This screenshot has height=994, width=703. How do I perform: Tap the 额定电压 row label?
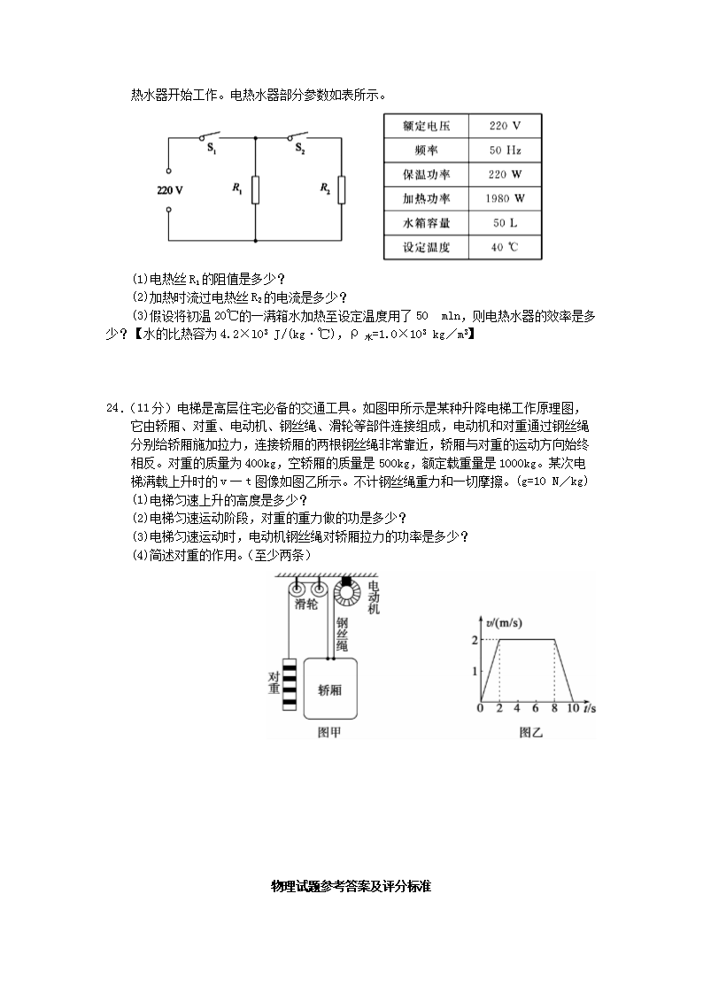[x=426, y=126]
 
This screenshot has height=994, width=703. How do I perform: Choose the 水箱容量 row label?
[x=426, y=223]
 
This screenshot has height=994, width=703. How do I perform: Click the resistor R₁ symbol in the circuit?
[x=255, y=189]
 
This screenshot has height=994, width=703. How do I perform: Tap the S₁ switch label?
[x=212, y=150]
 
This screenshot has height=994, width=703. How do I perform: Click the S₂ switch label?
[x=300, y=150]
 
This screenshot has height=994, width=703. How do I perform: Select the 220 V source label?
[x=170, y=190]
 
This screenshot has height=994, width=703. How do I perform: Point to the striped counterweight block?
[x=290, y=683]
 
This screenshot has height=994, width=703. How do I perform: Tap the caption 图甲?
[x=329, y=732]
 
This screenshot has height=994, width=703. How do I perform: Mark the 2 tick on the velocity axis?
[x=475, y=639]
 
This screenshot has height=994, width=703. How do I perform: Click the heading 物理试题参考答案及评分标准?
[x=351, y=886]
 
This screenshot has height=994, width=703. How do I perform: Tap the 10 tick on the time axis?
[x=572, y=709]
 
